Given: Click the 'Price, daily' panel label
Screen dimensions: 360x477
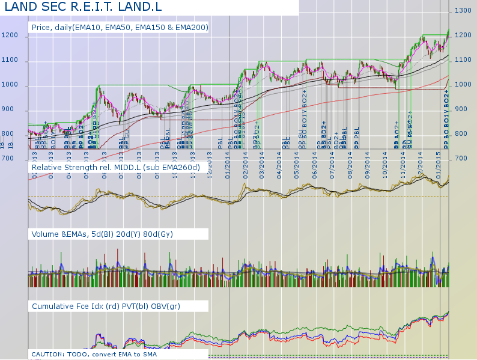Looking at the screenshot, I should tap(120, 28).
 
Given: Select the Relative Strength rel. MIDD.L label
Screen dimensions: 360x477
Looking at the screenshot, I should tap(115, 166).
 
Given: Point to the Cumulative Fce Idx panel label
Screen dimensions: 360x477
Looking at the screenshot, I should tap(105, 307).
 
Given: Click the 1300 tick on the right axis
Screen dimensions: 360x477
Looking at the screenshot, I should tap(463, 10).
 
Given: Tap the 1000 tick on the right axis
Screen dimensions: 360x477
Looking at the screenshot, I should tap(463, 84).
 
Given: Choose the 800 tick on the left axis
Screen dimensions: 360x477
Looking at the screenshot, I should tap(7, 134).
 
